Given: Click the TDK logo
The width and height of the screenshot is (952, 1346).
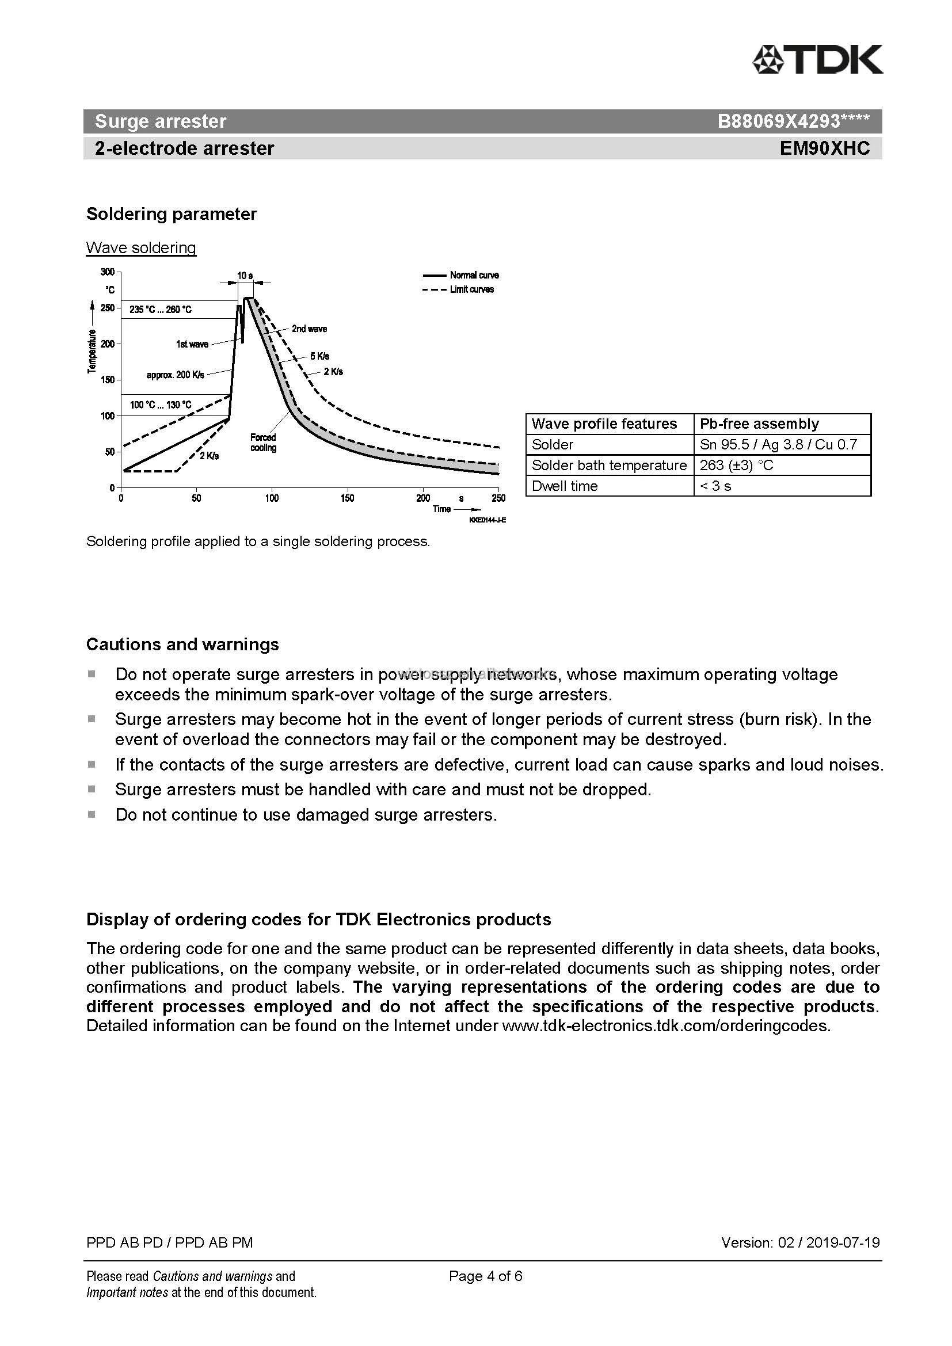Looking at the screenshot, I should (817, 59).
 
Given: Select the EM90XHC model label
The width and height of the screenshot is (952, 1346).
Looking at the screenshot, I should (824, 148).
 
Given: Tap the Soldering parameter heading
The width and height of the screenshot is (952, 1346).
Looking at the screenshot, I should (171, 214).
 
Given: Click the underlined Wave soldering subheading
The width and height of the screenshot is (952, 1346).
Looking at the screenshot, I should (140, 247).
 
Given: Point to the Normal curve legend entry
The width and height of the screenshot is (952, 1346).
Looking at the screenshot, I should (474, 275).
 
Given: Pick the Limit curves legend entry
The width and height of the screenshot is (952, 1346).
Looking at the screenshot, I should (471, 289).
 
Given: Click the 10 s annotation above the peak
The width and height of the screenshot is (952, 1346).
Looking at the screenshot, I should (245, 276).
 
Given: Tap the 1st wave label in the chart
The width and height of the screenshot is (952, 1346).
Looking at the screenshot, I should (192, 344).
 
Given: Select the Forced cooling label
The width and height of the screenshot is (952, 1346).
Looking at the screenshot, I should (263, 443).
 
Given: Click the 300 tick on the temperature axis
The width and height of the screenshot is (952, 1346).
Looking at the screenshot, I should (108, 272).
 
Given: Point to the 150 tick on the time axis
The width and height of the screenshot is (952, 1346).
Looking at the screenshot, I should (347, 498).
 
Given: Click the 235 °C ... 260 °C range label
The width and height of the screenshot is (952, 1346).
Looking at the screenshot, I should (161, 310).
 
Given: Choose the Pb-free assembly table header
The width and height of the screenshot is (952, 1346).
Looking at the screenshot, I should (759, 424).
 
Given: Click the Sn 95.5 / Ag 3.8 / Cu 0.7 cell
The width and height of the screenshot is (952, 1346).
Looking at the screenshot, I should (778, 444).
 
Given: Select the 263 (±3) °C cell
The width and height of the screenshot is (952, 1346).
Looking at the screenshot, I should (736, 466).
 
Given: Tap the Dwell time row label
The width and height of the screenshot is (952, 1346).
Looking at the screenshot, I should (565, 486).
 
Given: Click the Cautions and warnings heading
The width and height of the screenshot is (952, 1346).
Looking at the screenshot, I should (182, 645).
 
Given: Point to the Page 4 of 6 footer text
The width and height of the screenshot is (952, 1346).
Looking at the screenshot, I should (485, 1276).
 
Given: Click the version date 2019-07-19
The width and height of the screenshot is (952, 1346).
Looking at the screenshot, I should (843, 1242).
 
